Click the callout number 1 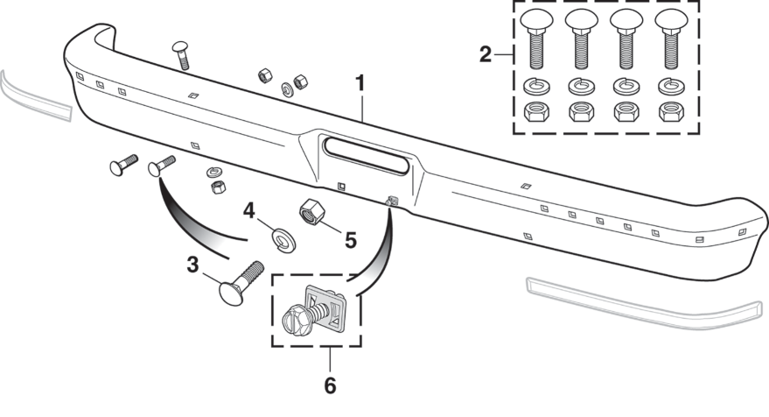pos(360,83)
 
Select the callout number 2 pos(485,54)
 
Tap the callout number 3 pos(192,265)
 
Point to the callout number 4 pos(249,211)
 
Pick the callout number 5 pos(351,241)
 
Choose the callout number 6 pos(330,385)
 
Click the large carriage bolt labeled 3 pos(241,284)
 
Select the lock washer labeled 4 pos(283,240)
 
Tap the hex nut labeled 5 pos(311,212)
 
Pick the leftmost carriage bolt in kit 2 pos(536,39)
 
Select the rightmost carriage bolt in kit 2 pos(672,39)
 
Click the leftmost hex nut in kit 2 pos(536,111)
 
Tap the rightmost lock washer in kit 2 pos(671,87)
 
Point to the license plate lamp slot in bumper pos(366,156)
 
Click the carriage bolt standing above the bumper pos(181,55)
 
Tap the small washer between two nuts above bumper pos(288,90)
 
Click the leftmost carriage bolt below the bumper pos(123,165)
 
